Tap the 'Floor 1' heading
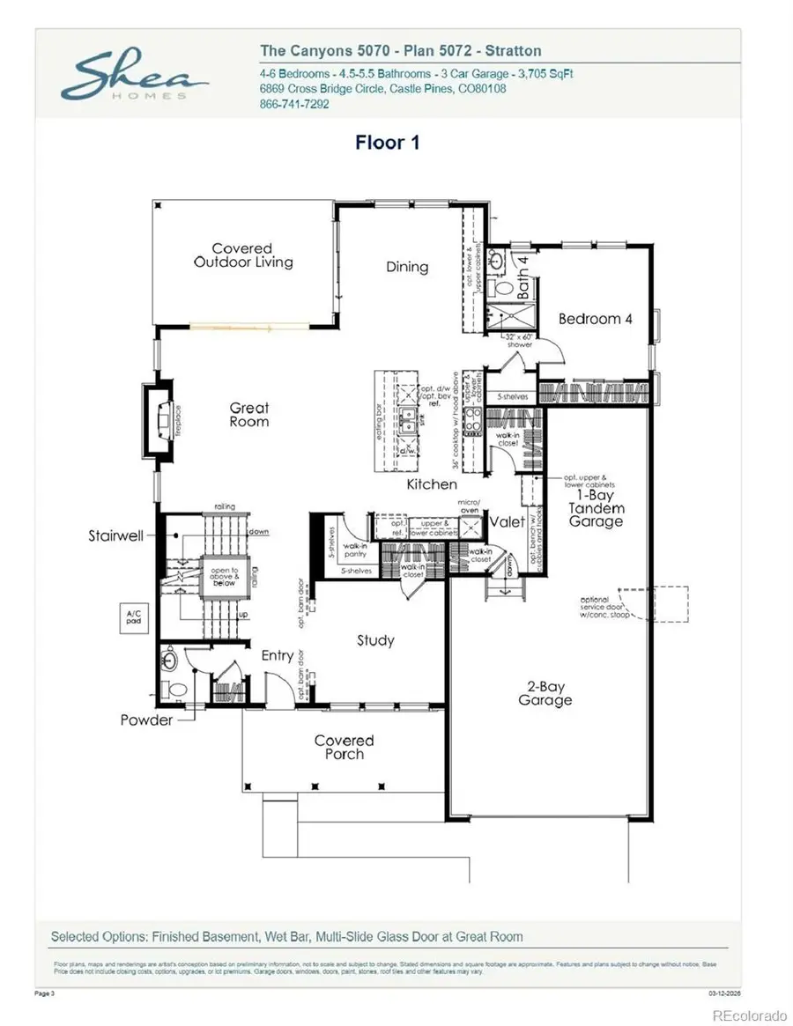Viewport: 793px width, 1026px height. point(387,143)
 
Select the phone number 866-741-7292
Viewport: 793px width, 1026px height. point(294,104)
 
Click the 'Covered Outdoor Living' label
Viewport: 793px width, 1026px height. point(243,255)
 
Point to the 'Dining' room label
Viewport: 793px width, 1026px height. point(407,267)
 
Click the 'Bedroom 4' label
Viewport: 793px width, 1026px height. point(596,319)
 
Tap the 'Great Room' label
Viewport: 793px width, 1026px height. point(249,415)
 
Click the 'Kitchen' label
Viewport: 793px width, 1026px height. point(432,484)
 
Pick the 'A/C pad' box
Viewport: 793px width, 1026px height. point(134,618)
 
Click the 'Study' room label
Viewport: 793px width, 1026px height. point(375,640)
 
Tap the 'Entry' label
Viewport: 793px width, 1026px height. point(278,656)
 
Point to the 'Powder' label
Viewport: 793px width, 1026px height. point(147,720)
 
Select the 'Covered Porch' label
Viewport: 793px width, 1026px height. point(345,748)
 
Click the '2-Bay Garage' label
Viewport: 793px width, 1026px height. point(545,693)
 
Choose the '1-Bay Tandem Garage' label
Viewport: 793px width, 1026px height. point(596,508)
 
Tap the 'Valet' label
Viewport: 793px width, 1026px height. point(508,521)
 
